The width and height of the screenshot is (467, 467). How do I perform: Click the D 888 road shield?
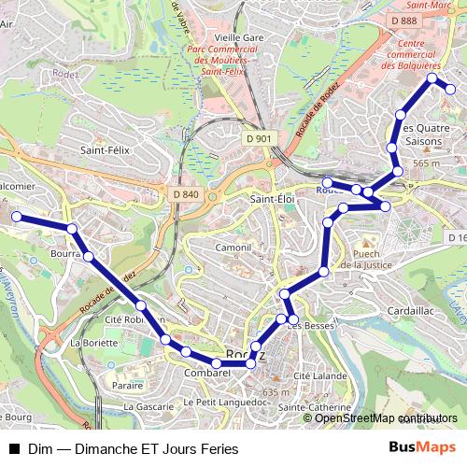404,20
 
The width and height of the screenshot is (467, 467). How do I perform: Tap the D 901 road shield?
262,139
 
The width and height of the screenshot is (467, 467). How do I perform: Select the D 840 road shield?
186,193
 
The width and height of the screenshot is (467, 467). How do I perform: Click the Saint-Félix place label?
105,149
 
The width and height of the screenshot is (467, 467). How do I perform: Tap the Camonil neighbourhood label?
233,248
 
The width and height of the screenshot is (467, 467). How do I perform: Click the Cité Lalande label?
315,375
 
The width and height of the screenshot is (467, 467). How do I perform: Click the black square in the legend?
13,448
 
